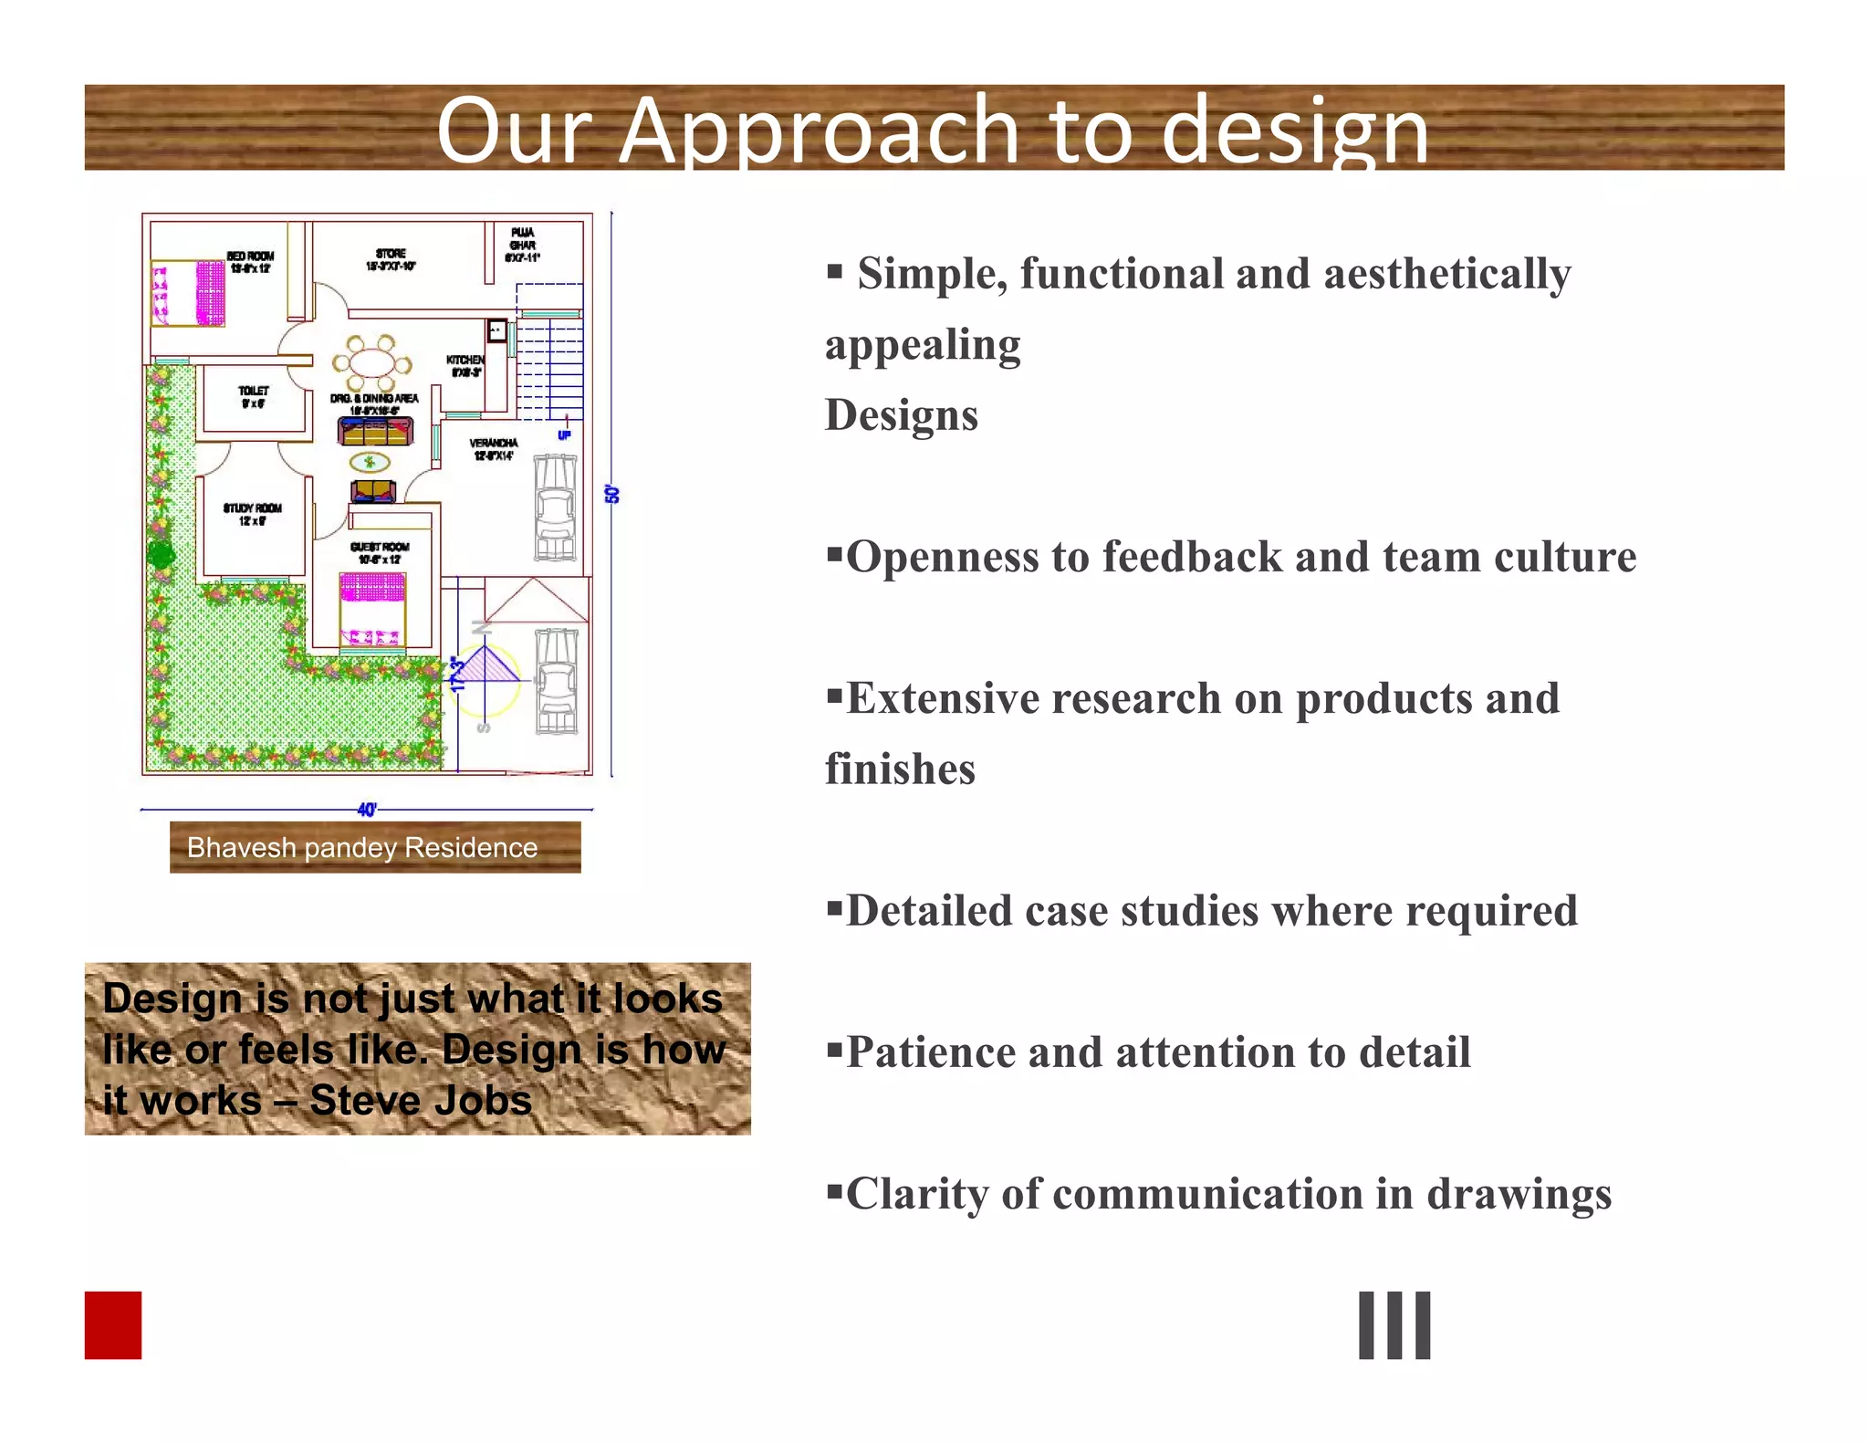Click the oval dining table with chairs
tap(371, 362)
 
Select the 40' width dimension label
tap(367, 810)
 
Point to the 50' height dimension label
tap(613, 495)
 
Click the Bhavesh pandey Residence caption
tap(362, 848)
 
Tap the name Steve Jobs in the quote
tap(421, 1100)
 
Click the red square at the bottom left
tap(113, 1324)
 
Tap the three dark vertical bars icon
tap(1394, 1324)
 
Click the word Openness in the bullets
tap(942, 557)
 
